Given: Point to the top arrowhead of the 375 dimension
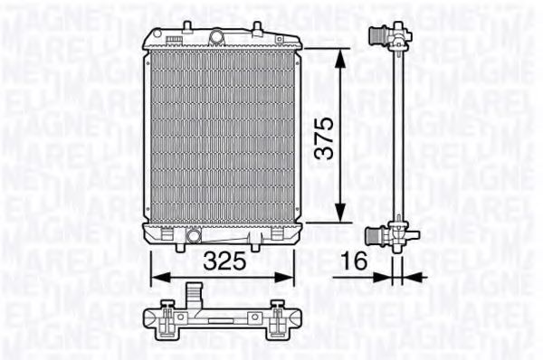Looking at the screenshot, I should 341,54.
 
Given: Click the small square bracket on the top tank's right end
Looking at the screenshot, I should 290,37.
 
